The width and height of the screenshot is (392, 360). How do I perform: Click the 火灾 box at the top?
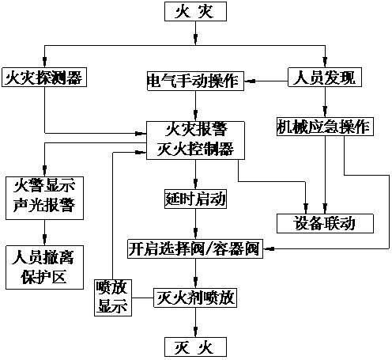[x=195, y=12]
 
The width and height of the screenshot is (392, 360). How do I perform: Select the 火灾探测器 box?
[x=43, y=78]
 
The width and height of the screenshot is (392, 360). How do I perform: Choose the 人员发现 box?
[x=323, y=78]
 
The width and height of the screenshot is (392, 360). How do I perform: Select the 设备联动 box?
[x=324, y=223]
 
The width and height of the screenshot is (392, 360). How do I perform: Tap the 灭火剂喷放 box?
[x=194, y=299]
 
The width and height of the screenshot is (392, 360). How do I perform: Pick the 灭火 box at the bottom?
[x=194, y=347]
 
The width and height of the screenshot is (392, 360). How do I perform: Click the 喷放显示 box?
[x=112, y=297]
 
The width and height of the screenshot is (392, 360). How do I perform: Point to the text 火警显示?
[x=43, y=187]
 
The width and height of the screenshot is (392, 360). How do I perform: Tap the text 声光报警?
[x=43, y=206]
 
